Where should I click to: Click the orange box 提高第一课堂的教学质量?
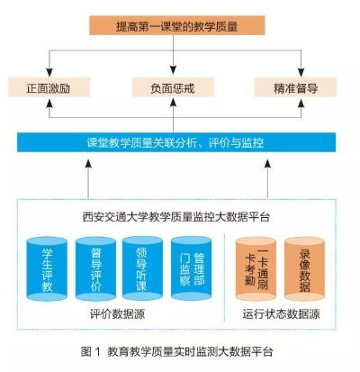pos(177,25)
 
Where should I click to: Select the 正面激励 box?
pos(49,87)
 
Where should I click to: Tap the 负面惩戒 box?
pos(173,87)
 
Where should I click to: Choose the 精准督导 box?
pos(295,87)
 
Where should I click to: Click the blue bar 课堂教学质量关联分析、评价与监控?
pos(176,142)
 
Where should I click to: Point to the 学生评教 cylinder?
pos(47,269)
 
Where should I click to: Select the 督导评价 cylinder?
pos(95,269)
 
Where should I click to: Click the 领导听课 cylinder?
pos(142,269)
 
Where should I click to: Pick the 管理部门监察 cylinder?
pos(192,269)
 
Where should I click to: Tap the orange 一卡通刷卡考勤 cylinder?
pos(256,269)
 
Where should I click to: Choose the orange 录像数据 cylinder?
pos(304,269)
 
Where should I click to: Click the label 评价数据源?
pos(118,314)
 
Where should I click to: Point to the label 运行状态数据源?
pos(281,314)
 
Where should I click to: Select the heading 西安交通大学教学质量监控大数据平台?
pos(176,217)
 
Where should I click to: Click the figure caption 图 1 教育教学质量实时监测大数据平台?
pos(176,351)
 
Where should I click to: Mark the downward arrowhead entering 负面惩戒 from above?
pos(173,71)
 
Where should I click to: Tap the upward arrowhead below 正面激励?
pos(49,104)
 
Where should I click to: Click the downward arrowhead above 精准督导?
pos(301,72)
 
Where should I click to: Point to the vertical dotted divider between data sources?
pos(224,277)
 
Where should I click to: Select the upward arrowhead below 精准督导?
pos(301,104)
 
